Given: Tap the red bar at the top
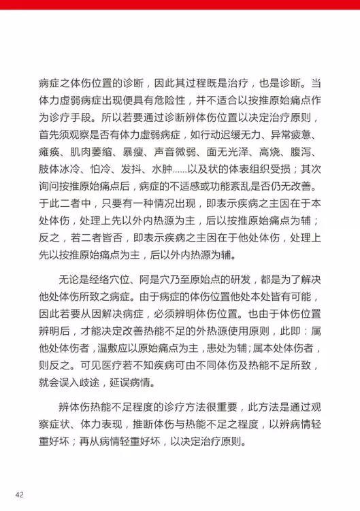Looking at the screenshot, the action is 180,4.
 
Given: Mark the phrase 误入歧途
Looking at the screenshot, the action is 99,383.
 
